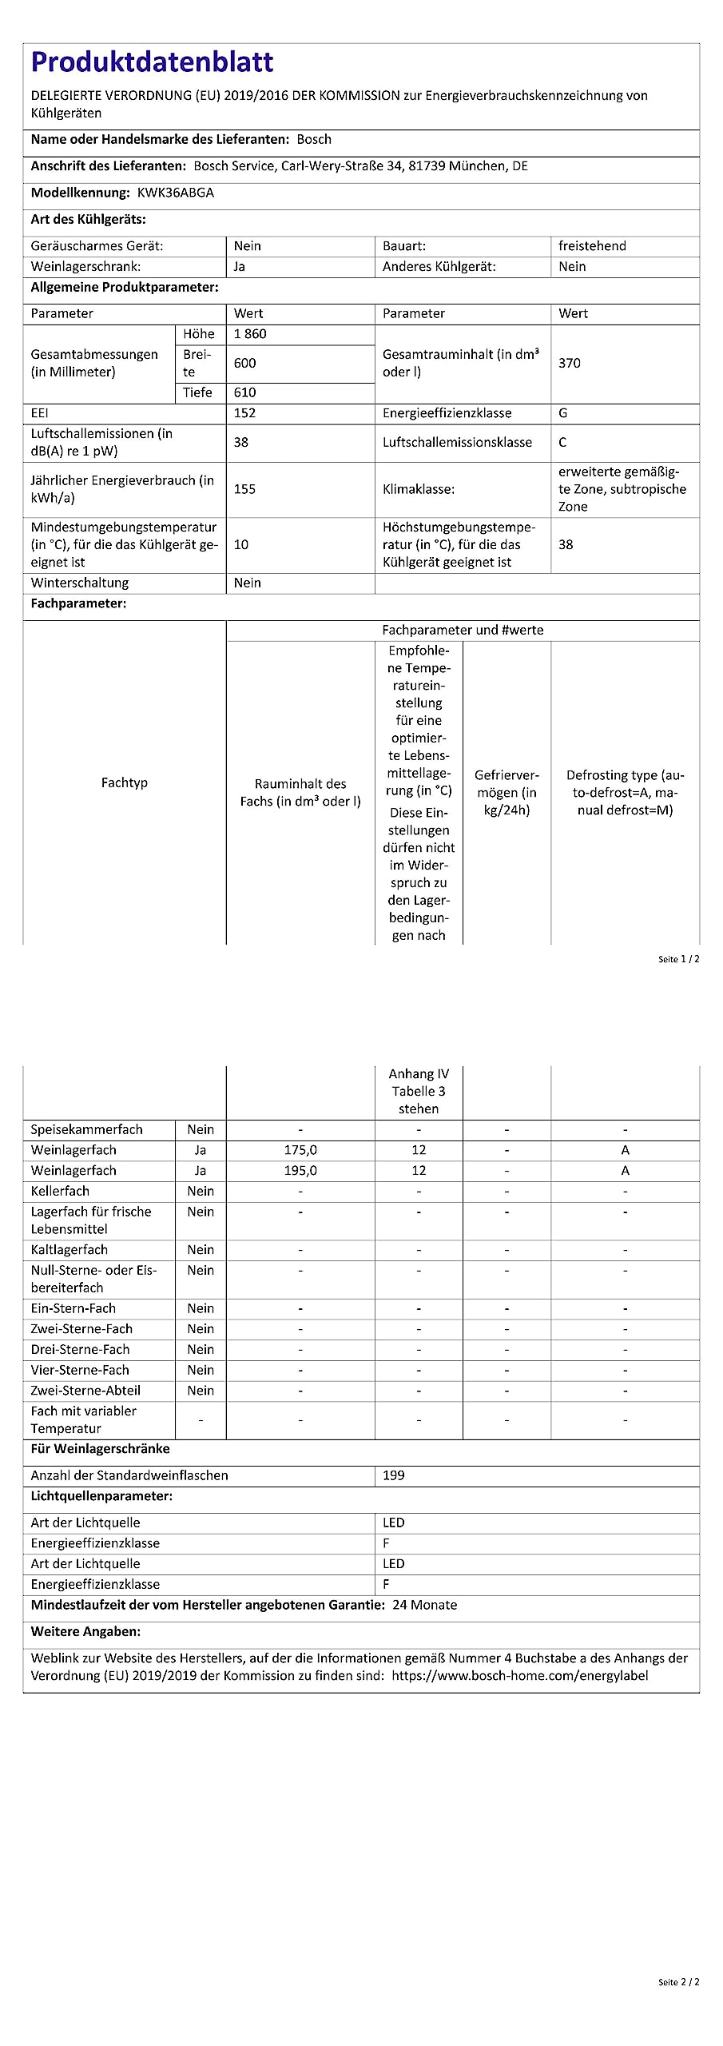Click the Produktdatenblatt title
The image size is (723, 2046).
point(152,62)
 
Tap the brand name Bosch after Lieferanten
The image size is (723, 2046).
point(314,139)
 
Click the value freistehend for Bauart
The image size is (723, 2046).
point(592,246)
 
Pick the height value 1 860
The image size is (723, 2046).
point(250,334)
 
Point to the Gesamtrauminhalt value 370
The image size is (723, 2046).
point(570,363)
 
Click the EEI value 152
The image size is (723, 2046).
point(244,413)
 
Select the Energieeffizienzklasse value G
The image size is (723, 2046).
point(563,413)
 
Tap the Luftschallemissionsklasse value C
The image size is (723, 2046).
point(562,442)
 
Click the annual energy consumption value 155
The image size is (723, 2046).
point(244,489)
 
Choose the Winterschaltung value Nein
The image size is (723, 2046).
point(248,583)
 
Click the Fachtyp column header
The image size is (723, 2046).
point(125,782)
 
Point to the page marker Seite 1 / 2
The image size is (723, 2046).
point(678,959)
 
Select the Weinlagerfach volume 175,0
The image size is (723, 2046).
point(300,1150)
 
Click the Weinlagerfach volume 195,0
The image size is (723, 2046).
point(300,1171)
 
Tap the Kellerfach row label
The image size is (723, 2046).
point(60,1191)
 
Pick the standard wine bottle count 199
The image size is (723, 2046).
point(394,1475)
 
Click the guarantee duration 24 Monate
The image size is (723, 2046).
point(425,1605)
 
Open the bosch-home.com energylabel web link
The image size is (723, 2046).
point(519,1676)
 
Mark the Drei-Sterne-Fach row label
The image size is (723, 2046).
point(80,1350)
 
